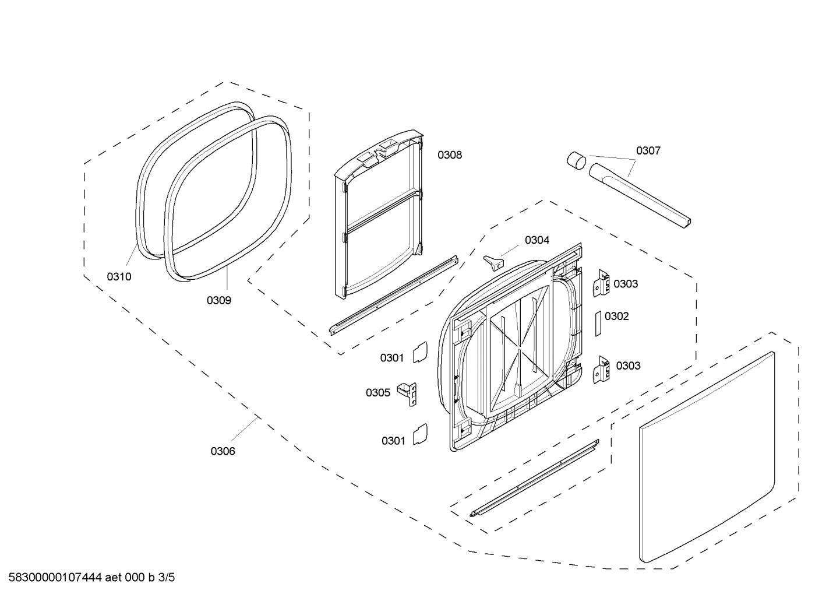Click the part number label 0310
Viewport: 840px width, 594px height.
point(119,277)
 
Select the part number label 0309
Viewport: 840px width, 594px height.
point(218,300)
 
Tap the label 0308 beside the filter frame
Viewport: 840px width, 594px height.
point(450,155)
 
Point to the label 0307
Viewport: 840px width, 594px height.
point(648,151)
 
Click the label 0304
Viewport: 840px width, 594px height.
point(537,240)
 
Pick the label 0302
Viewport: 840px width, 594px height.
point(616,317)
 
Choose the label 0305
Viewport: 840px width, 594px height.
point(377,393)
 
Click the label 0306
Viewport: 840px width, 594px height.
point(223,451)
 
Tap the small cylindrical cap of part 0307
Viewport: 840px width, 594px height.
point(576,159)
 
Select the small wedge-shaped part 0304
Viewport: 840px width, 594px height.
point(493,263)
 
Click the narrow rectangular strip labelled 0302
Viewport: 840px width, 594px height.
point(597,322)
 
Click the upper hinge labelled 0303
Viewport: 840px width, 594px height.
point(601,283)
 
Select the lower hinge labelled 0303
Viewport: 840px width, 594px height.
point(601,370)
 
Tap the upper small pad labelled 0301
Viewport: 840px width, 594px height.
point(420,353)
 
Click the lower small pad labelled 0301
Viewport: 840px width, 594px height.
point(420,435)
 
